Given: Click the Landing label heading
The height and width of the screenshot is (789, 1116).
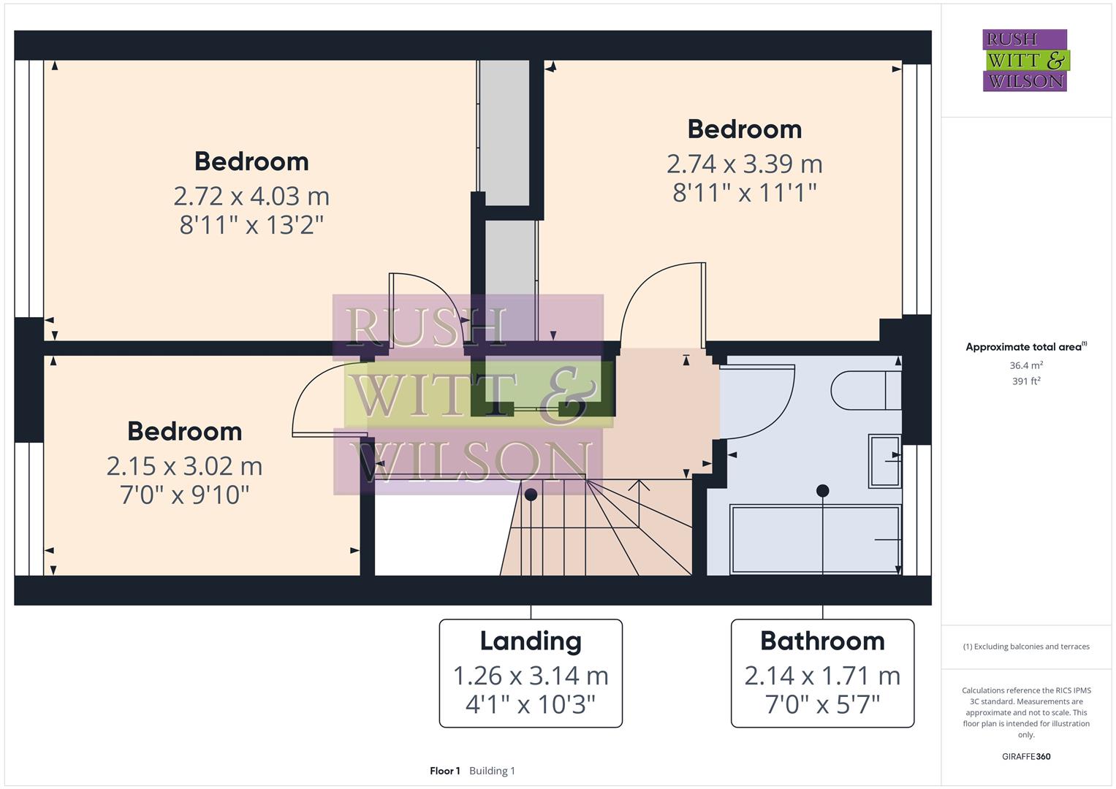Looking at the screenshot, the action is click(531, 641).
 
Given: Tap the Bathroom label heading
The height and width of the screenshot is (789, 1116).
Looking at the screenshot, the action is click(822, 641).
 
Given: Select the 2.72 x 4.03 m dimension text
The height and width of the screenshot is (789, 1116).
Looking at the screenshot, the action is click(251, 197).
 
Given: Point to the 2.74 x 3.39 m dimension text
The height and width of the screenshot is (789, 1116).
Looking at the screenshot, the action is click(744, 164).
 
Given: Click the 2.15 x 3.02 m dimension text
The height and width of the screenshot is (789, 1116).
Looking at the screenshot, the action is click(184, 467).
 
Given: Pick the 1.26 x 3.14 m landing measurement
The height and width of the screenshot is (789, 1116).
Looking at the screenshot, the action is click(531, 676).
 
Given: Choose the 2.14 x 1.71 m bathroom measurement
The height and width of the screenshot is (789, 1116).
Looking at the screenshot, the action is click(822, 676).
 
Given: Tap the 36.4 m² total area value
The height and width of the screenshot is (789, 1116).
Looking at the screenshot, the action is click(1026, 365).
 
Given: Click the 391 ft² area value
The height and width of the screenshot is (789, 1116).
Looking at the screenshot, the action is click(1026, 381).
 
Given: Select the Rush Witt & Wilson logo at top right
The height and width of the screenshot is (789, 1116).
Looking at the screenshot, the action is click(1026, 60).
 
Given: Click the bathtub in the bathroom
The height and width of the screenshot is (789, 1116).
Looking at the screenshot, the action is click(815, 539).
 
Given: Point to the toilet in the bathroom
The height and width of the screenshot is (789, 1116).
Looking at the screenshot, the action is click(866, 390).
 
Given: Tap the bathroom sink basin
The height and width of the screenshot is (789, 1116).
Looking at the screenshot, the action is click(884, 461).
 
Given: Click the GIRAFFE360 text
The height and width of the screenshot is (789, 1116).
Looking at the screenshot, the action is click(1026, 756).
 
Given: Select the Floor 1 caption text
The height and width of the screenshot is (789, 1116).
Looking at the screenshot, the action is click(445, 771).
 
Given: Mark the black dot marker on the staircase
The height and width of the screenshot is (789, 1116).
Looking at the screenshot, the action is click(531, 495).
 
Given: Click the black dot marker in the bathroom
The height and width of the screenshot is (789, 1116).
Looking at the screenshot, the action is click(822, 491).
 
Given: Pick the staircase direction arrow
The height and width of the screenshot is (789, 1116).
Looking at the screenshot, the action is click(639, 503).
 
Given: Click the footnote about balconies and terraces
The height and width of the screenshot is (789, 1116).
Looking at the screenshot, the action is click(1026, 647).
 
